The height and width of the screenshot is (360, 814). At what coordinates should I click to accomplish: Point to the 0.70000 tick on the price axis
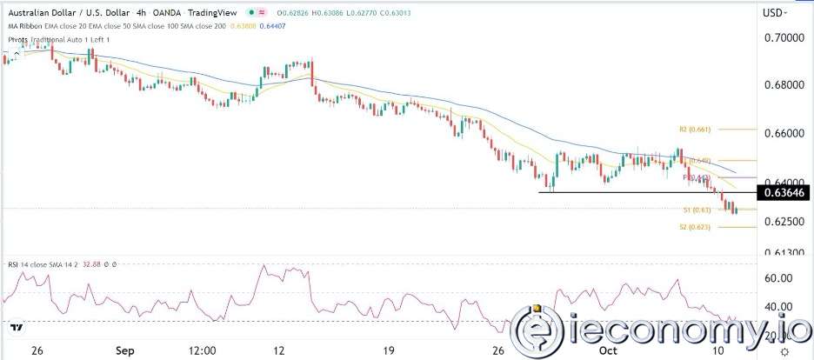coord(786,38)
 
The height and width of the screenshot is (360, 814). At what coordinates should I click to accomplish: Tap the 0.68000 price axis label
coord(786,85)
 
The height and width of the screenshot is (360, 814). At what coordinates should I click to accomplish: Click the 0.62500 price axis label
coord(786,222)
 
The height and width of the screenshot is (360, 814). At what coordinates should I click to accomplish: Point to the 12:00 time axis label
coord(202,350)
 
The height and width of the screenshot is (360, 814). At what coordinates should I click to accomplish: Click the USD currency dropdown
coord(776,13)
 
